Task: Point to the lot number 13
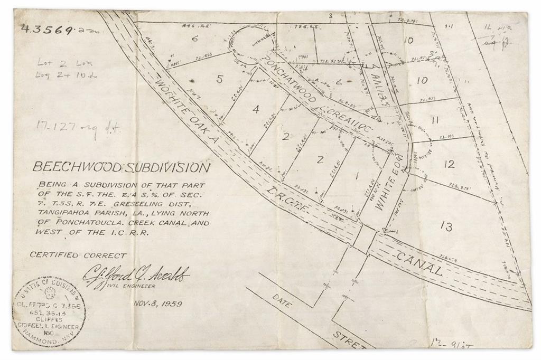[446, 226]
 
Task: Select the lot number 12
[449, 164]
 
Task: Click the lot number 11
[435, 120]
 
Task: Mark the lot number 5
[219, 79]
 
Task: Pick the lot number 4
[256, 109]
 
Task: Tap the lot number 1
[357, 174]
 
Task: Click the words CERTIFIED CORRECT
[78, 255]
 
